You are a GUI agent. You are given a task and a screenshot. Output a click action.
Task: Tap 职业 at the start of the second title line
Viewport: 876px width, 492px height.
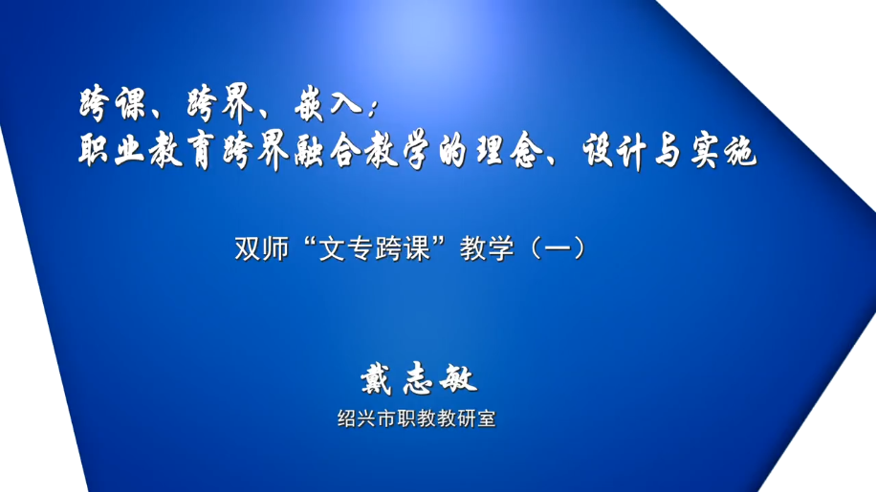[112, 151]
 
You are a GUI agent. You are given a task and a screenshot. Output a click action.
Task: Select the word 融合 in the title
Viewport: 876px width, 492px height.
[328, 151]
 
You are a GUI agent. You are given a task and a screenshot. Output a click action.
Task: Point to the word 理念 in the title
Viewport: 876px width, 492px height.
[509, 151]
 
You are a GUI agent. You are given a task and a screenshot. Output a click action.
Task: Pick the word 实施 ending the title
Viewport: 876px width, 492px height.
[724, 151]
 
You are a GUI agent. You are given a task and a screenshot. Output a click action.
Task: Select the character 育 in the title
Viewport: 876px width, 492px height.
[201, 151]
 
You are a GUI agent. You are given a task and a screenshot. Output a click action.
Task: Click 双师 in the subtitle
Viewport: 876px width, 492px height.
[261, 248]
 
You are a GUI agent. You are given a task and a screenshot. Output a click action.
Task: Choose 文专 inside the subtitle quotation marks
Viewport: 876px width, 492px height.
[346, 248]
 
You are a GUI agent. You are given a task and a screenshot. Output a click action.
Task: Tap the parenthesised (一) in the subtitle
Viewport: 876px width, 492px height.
[558, 248]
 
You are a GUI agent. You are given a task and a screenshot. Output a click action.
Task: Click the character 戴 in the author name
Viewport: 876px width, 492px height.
[377, 378]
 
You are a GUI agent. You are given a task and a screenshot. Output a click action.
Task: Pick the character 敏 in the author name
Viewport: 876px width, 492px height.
[459, 378]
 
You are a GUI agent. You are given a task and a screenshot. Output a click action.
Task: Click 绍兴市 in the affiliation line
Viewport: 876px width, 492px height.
[367, 418]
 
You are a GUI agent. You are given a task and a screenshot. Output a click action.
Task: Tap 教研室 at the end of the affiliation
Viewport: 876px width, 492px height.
[467, 418]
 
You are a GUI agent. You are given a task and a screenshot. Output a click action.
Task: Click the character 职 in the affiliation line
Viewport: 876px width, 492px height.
[406, 418]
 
